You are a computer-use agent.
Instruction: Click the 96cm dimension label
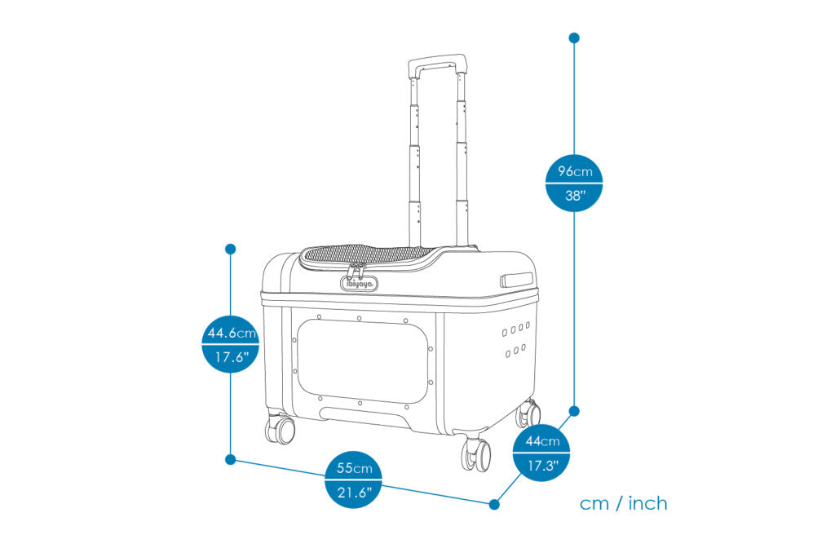click(x=575, y=171)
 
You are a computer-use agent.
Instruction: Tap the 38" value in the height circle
click(x=575, y=196)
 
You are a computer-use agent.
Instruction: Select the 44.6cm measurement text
click(x=231, y=333)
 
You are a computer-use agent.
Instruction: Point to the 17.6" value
click(x=231, y=356)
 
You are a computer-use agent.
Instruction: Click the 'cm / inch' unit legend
click(x=624, y=503)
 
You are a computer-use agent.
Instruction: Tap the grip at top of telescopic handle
click(x=438, y=63)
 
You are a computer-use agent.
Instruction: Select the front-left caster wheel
click(x=280, y=428)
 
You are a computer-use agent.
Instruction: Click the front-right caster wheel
click(x=476, y=453)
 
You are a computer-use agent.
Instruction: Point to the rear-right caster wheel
click(x=528, y=414)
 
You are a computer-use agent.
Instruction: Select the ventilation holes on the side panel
click(x=515, y=340)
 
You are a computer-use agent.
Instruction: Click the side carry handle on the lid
click(x=515, y=280)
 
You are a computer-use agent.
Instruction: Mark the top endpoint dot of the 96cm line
click(x=574, y=38)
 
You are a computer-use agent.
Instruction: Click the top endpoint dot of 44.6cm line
click(x=231, y=248)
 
